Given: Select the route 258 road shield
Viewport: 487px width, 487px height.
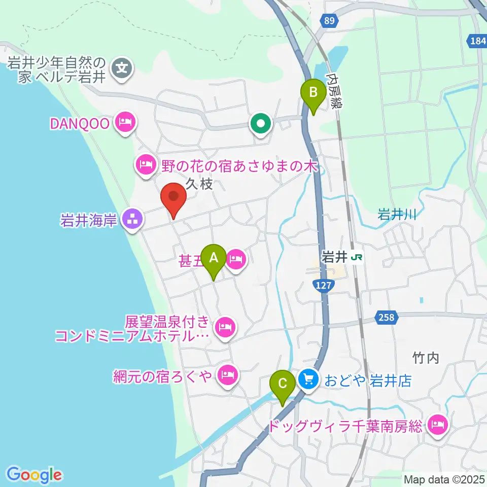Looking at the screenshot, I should (x=386, y=318).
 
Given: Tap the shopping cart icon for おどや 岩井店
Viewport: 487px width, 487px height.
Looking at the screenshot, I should (x=308, y=379).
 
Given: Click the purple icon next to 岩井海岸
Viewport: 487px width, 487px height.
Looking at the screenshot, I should (x=133, y=220).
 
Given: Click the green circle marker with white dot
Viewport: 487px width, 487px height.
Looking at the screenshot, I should (x=260, y=123).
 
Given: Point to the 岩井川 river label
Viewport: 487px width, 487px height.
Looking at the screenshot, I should (x=397, y=215).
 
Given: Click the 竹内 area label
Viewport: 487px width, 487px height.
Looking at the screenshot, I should (x=425, y=359).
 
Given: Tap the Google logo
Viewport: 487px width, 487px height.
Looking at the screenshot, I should (x=34, y=475).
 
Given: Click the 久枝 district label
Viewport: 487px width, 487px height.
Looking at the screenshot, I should (x=199, y=184).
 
